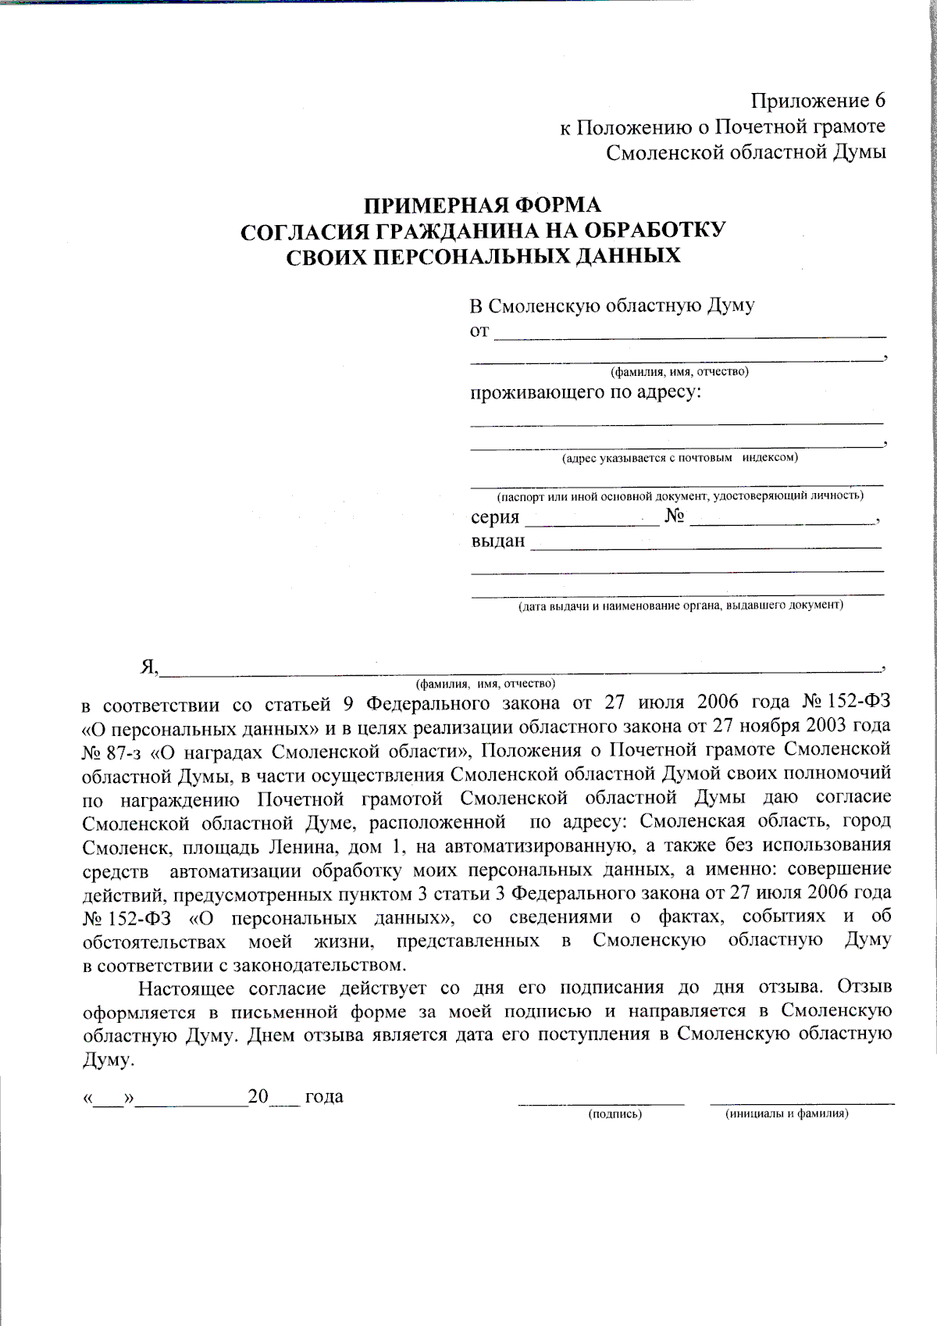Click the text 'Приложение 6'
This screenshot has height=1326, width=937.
[818, 101]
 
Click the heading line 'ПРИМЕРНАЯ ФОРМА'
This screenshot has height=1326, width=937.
[483, 206]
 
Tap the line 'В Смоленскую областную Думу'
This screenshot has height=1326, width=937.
[611, 306]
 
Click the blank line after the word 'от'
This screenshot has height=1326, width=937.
[690, 333]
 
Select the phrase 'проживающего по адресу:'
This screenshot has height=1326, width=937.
[586, 391]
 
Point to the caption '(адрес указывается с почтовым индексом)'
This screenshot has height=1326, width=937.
[679, 458]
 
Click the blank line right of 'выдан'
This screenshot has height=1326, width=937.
[706, 545]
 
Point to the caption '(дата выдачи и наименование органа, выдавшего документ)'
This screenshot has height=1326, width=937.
[681, 606]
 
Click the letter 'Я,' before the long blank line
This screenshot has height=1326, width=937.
[149, 667]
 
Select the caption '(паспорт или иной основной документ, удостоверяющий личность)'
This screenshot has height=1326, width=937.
[680, 495]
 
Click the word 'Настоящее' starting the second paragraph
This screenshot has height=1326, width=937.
[186, 988]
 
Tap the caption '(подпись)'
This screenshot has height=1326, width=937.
[615, 1113]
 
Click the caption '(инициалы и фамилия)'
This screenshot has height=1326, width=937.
[786, 1113]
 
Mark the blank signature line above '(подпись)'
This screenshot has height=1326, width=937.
[601, 1102]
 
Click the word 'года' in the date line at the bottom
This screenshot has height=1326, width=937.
[324, 1096]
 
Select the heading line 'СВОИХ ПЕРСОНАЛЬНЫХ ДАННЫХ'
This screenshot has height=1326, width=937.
[483, 257]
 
